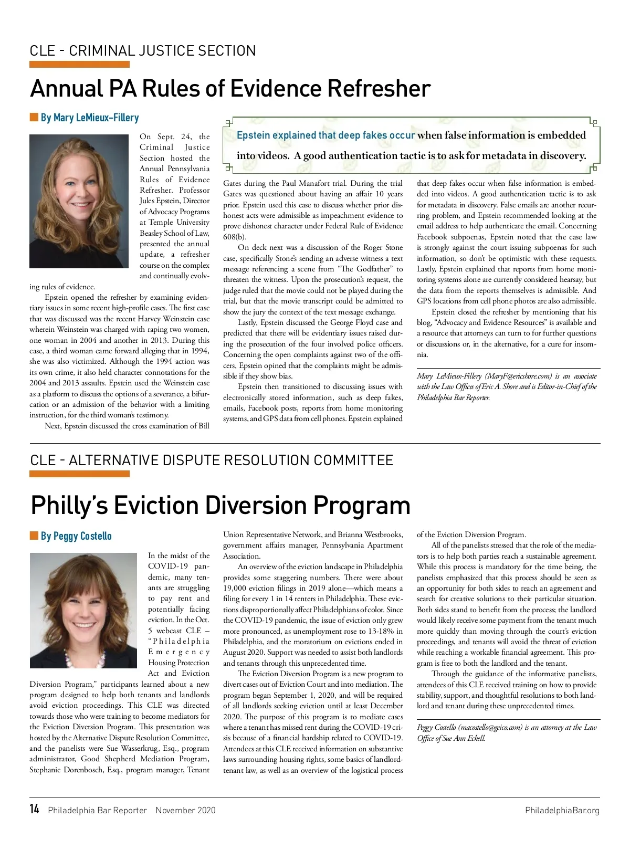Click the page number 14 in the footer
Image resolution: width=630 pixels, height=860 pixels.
(x=35, y=809)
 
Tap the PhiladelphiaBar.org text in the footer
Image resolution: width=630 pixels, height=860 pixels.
(x=562, y=810)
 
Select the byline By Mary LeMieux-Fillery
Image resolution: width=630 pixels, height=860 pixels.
(x=89, y=118)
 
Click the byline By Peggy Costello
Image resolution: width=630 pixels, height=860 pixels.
(x=76, y=536)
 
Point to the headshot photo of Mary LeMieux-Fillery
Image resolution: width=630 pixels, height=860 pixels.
(x=79, y=201)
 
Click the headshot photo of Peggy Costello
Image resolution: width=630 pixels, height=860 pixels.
(x=83, y=610)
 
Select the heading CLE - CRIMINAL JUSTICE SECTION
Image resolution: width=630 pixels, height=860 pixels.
(x=143, y=51)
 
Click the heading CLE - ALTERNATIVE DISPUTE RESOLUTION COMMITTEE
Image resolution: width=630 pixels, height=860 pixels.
(x=212, y=460)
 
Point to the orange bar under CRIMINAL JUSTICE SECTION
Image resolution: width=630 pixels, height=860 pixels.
(x=79, y=65)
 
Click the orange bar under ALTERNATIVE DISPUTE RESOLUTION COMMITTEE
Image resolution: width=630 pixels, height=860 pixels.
(x=79, y=474)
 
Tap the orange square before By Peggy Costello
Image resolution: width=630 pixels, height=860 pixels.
(x=34, y=536)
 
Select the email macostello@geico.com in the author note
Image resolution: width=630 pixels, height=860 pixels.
(x=490, y=727)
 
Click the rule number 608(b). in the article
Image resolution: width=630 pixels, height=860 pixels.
(x=235, y=237)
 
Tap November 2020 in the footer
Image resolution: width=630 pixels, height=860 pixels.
(x=185, y=810)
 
